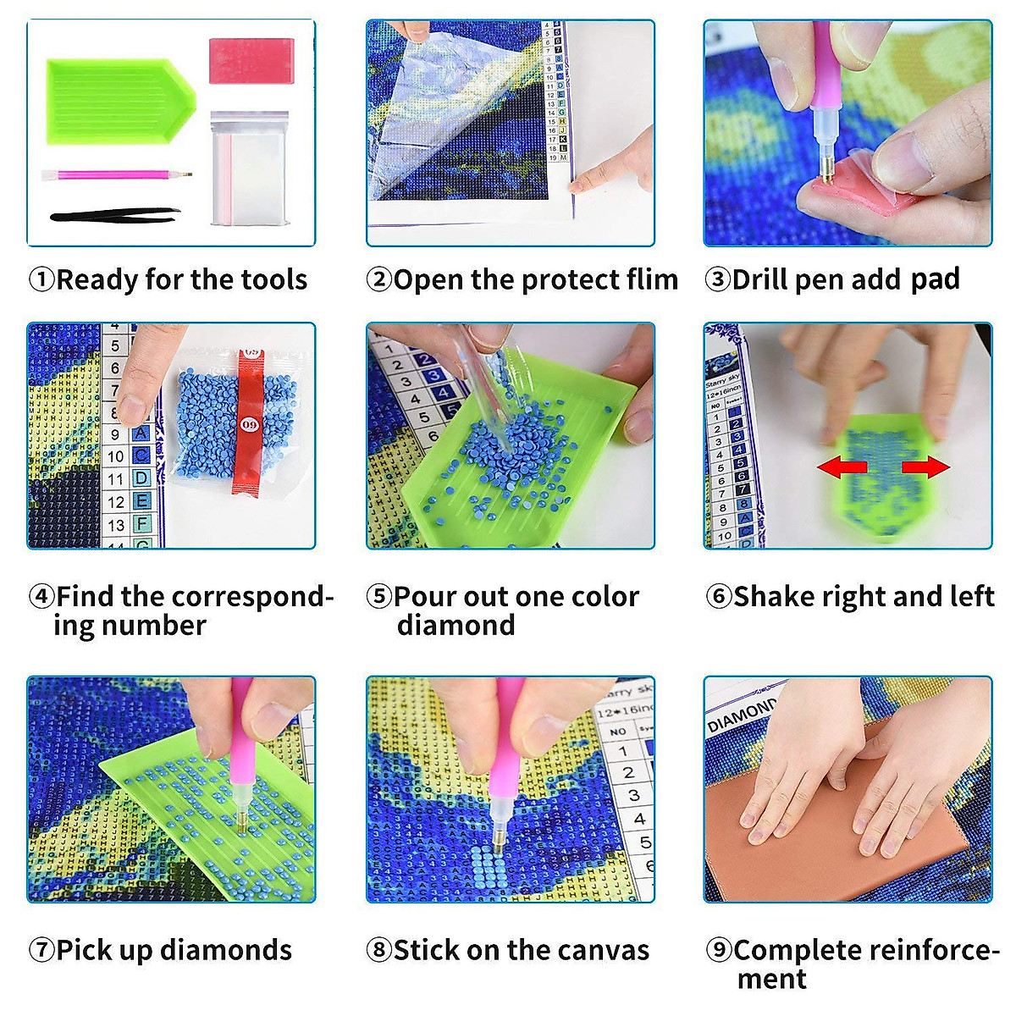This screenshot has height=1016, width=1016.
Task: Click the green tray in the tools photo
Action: pos(119,100)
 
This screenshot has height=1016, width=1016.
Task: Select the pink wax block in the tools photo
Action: pos(251,61)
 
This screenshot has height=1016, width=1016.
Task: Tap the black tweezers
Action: pos(115,216)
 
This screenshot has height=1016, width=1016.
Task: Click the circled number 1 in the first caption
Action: pos(41,279)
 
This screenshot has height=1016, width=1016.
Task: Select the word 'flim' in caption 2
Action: pos(649,279)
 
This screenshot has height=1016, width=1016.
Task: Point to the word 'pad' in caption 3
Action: pos(935,279)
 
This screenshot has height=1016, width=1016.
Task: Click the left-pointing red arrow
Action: pos(842,467)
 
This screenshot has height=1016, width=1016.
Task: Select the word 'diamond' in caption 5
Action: pos(456,626)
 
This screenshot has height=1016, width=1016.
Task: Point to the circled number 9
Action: pos(719,950)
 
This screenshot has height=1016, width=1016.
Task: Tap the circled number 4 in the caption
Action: pos(41,596)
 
